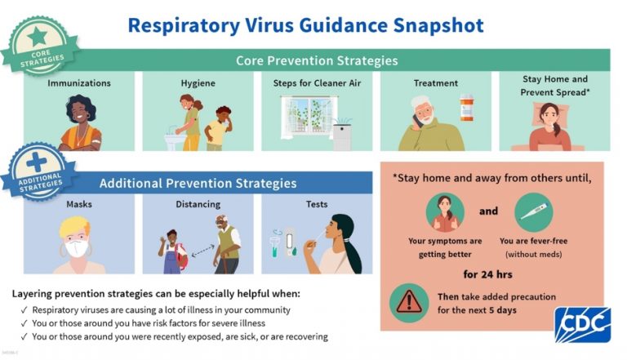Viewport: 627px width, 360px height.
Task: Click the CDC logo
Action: click(x=583, y=324)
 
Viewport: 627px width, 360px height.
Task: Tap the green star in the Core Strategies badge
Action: click(x=38, y=37)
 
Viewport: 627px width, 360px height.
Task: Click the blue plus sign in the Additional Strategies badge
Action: click(x=37, y=162)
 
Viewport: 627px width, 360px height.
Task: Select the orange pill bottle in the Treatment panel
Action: click(x=466, y=107)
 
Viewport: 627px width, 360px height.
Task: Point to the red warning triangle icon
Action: click(x=409, y=302)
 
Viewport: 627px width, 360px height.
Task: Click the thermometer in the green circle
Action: click(x=533, y=211)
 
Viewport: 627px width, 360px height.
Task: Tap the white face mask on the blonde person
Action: click(x=77, y=248)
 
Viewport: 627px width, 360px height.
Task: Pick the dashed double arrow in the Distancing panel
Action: click(x=202, y=251)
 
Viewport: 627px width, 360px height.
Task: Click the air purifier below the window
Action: click(x=342, y=136)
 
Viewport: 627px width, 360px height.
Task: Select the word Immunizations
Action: click(x=79, y=83)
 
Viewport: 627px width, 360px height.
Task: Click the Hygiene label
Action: click(x=198, y=83)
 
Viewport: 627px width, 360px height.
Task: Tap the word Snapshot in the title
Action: click(x=438, y=25)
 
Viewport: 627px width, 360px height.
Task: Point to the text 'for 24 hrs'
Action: click(x=487, y=274)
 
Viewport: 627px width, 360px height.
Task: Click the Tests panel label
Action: click(x=317, y=204)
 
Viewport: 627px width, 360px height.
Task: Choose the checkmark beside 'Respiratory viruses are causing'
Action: click(x=24, y=310)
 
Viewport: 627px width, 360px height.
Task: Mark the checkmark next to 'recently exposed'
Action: click(x=24, y=336)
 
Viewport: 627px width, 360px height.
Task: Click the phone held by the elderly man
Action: click(x=416, y=120)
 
